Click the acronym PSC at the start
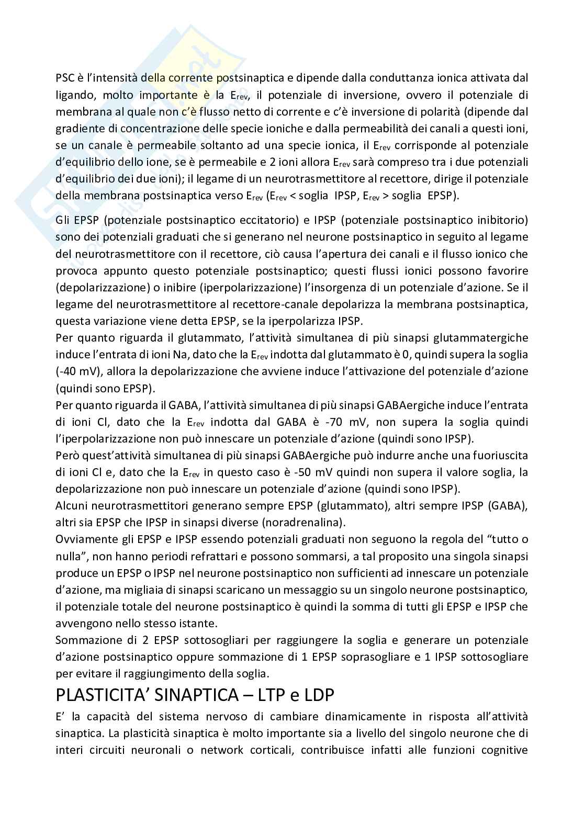click(65, 78)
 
